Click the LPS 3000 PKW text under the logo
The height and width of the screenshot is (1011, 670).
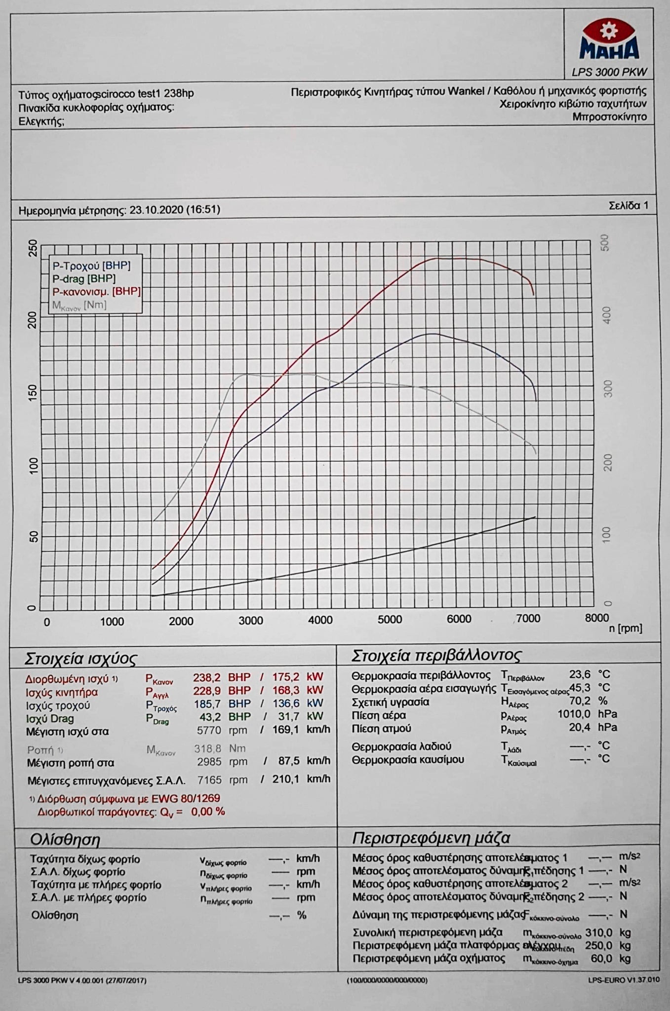[x=609, y=72]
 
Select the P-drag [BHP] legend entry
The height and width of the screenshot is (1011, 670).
[x=84, y=278]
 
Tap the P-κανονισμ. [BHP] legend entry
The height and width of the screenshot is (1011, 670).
[x=96, y=291]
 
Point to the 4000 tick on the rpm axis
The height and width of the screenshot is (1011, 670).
[x=320, y=620]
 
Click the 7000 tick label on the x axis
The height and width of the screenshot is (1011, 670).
[x=528, y=619]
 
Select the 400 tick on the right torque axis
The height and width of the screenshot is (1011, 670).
[x=608, y=315]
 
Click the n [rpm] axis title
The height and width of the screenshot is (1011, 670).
[x=625, y=628]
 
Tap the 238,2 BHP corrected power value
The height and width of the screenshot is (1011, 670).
[x=206, y=677]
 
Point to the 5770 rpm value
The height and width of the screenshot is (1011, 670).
[x=209, y=730]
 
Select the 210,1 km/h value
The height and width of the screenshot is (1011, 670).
[x=286, y=779]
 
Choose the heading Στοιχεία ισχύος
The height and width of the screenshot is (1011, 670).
[x=80, y=659]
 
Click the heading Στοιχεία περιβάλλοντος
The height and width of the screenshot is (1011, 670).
[x=436, y=656]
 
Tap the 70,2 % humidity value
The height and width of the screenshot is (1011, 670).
[x=580, y=701]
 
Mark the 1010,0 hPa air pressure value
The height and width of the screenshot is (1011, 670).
[x=574, y=714]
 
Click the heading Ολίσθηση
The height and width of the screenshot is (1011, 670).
[x=65, y=840]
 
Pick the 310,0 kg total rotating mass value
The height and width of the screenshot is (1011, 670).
[x=598, y=933]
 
